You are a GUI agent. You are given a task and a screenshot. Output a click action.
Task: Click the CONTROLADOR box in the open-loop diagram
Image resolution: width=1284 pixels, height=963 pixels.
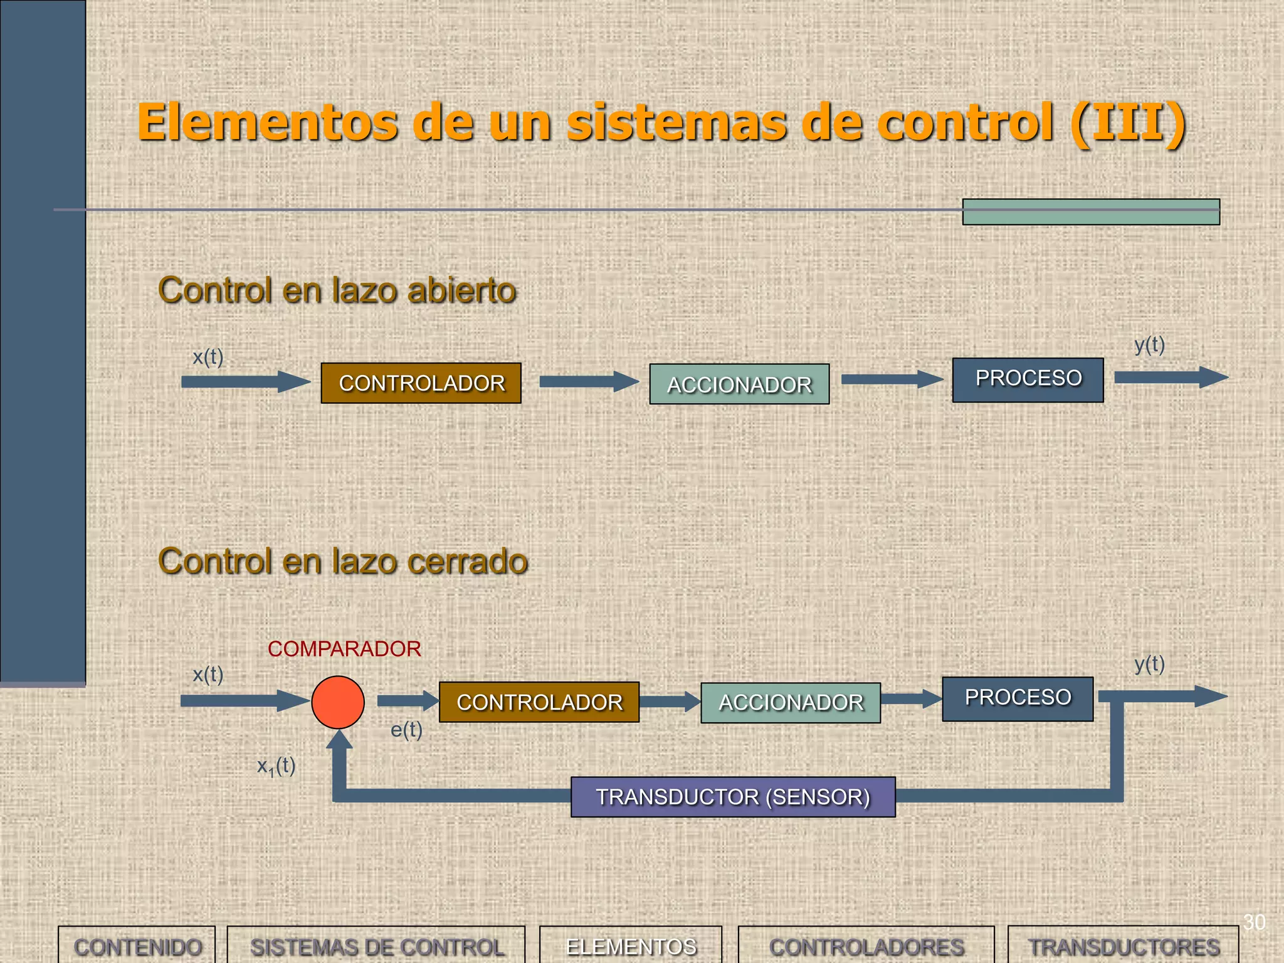point(421,383)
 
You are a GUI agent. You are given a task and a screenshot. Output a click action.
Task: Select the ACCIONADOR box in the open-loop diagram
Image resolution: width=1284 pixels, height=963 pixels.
point(739,384)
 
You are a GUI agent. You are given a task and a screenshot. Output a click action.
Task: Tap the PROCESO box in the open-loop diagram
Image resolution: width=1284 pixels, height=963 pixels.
point(1028,380)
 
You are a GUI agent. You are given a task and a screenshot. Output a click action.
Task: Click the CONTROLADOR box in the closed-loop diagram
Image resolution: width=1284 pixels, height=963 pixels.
point(539,702)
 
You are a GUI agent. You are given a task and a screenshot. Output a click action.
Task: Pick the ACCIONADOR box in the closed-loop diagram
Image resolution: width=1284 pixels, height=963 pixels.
point(790,703)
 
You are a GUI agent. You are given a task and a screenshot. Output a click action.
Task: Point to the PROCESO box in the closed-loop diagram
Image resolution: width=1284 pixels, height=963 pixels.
point(1018,698)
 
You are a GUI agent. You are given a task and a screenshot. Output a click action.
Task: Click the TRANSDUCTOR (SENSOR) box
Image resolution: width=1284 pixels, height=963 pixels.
point(733,797)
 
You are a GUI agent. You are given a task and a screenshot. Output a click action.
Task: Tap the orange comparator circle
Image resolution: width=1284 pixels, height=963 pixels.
point(338,702)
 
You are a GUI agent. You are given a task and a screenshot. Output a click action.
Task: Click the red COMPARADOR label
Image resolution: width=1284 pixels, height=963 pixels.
point(344,649)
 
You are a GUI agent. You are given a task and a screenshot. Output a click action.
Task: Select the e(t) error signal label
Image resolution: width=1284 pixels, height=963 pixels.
point(406,730)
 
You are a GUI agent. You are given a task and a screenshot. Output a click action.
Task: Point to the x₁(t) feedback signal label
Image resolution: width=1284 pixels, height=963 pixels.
point(276,766)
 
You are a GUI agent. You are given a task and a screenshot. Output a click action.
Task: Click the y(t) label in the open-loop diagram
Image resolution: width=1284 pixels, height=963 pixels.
point(1149,345)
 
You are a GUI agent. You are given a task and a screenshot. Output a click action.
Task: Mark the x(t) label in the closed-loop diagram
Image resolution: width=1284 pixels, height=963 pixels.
point(208,675)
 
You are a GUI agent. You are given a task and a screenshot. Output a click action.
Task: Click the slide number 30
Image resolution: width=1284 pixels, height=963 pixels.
point(1254,922)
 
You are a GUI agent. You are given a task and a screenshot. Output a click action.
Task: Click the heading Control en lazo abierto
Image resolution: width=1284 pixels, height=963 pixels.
point(337,290)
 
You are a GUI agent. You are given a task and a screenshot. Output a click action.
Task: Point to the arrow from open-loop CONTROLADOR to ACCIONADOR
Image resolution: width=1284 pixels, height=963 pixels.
point(587,381)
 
